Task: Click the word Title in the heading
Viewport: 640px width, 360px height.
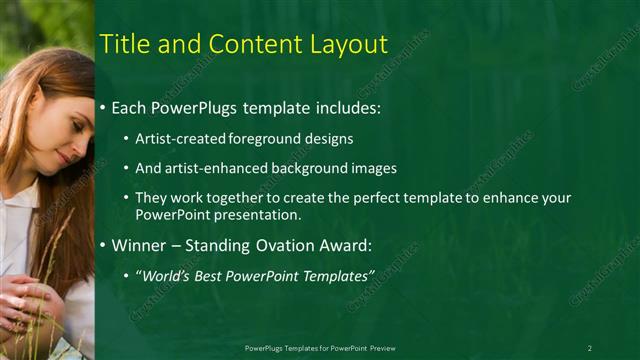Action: pos(124,44)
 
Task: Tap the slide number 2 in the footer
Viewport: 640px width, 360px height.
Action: pos(590,347)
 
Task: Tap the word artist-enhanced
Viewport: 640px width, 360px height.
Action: pos(215,168)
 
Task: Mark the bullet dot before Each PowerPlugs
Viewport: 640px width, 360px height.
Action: pos(103,107)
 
